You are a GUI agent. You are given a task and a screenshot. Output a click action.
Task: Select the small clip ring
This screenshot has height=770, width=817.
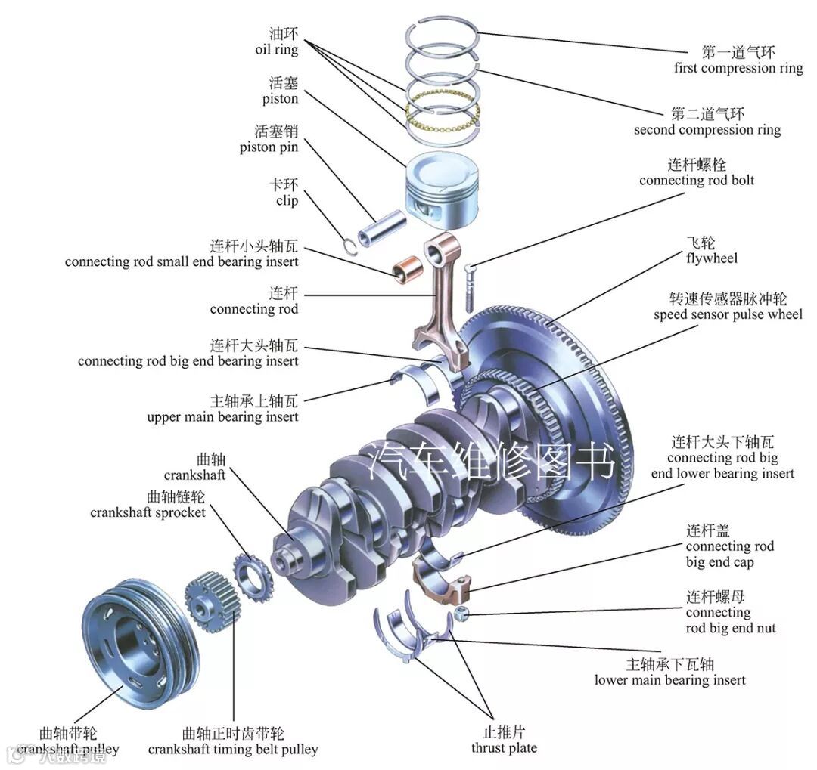click(348, 243)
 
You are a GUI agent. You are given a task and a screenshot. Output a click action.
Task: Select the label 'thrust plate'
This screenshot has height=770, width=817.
click(504, 748)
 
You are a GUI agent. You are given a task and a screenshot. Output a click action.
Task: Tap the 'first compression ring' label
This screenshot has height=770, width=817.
click(738, 68)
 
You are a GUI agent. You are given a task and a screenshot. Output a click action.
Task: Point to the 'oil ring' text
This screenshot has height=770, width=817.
click(277, 50)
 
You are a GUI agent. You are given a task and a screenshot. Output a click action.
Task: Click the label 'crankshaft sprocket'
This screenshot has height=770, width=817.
click(148, 512)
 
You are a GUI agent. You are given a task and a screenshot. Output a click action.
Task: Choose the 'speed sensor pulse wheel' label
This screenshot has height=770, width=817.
click(728, 314)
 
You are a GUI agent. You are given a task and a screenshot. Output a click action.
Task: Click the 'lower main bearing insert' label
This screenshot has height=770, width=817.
click(669, 680)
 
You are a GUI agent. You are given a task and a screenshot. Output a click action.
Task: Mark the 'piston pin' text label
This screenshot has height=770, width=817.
click(269, 147)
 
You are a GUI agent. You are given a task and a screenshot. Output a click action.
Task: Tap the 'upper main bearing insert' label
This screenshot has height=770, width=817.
click(222, 416)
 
